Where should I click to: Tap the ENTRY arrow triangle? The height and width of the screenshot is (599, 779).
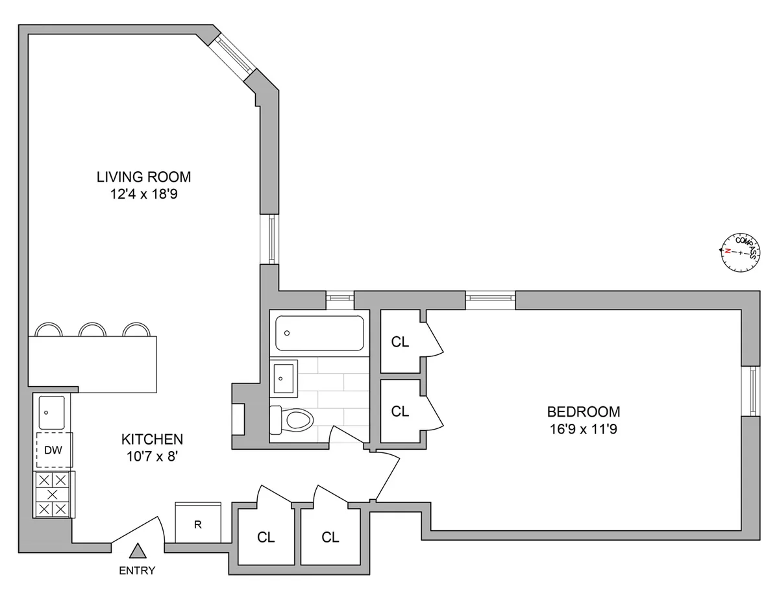click(x=137, y=552)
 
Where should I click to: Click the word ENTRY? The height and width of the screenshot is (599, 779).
click(x=137, y=571)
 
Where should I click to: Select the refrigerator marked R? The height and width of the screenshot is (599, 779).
click(x=198, y=524)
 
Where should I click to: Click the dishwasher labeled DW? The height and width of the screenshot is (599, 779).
click(x=53, y=450)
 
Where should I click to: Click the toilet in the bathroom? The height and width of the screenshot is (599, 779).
click(x=293, y=420)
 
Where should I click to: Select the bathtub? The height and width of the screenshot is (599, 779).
click(x=319, y=334)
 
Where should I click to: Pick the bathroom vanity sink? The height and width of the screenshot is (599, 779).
click(x=283, y=376)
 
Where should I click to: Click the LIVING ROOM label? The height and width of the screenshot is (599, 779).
click(x=143, y=177)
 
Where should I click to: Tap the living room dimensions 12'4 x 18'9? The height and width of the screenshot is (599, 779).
click(x=143, y=194)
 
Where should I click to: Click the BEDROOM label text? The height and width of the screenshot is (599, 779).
click(x=583, y=411)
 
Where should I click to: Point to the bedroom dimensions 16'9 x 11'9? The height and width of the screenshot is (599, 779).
click(x=583, y=429)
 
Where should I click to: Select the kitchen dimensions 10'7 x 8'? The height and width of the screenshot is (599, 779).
click(x=152, y=457)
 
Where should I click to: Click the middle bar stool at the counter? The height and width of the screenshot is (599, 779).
click(x=92, y=330)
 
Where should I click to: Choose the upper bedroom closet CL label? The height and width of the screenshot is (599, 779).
click(x=401, y=343)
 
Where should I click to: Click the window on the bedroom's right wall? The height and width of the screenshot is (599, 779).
click(x=752, y=391)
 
